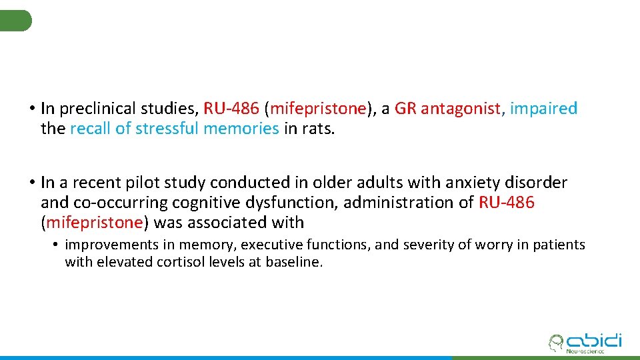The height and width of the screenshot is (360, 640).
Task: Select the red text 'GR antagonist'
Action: (447, 109)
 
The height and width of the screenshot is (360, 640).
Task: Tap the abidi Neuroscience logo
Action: (584, 343)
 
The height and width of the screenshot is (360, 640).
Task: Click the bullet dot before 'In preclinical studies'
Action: (31, 109)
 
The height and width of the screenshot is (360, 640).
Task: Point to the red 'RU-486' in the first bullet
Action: (231, 109)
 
